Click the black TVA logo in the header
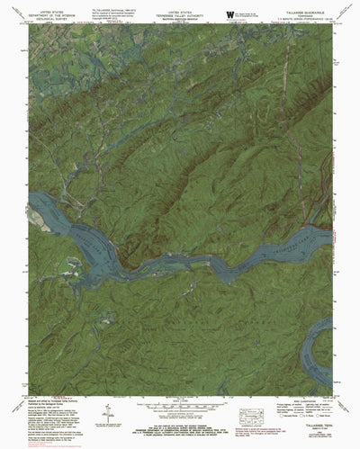point(230,12)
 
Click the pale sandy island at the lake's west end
point(38,214)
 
